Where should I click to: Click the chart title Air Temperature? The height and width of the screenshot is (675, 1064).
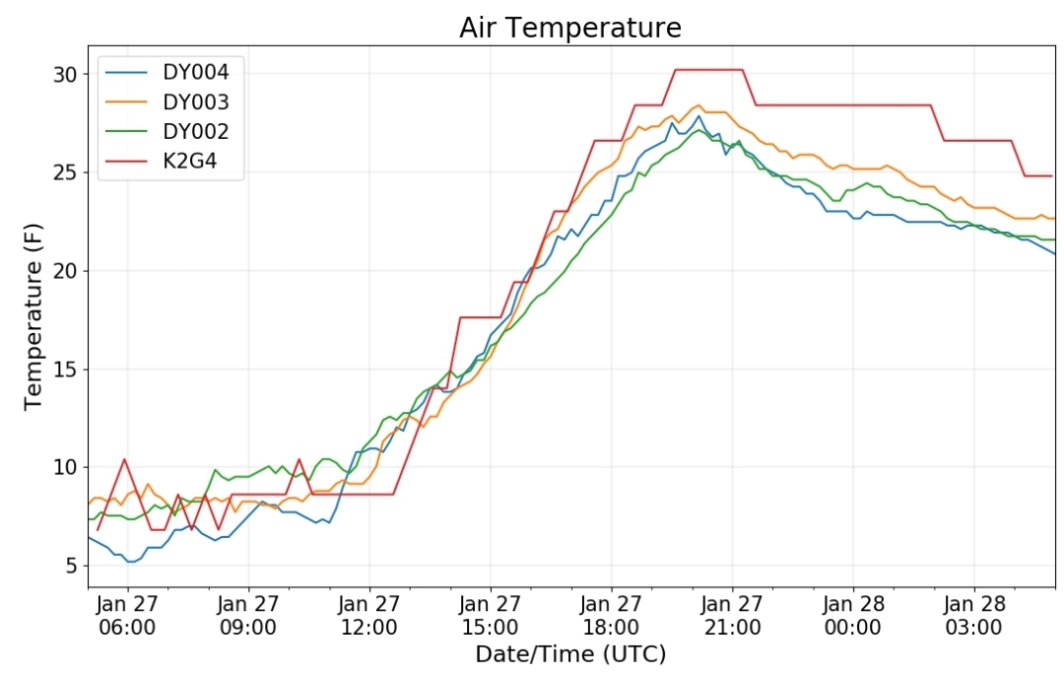click(570, 28)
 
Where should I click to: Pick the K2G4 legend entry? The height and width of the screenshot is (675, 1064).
click(162, 162)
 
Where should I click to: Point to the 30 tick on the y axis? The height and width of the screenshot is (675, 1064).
click(65, 74)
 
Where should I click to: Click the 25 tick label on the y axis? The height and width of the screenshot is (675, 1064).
click(65, 172)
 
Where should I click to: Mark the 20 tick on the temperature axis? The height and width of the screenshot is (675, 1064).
click(65, 271)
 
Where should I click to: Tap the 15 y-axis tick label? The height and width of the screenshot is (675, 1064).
click(65, 370)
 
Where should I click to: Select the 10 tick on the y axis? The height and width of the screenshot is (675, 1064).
click(65, 467)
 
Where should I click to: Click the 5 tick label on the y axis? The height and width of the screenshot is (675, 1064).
click(72, 566)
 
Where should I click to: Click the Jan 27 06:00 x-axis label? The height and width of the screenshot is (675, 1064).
click(127, 615)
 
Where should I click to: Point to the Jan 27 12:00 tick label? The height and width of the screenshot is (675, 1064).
click(369, 615)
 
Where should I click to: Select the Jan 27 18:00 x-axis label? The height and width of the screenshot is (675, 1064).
click(611, 615)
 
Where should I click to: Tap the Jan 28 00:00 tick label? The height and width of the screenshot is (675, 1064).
click(853, 615)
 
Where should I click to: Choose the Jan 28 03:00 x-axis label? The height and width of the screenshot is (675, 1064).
click(973, 615)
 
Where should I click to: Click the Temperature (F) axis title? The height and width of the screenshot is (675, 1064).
click(33, 317)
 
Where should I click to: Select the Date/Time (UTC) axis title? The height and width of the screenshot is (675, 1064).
click(570, 654)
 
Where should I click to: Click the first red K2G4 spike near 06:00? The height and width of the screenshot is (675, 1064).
click(125, 459)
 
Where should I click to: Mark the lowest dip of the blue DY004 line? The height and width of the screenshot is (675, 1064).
click(131, 562)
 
